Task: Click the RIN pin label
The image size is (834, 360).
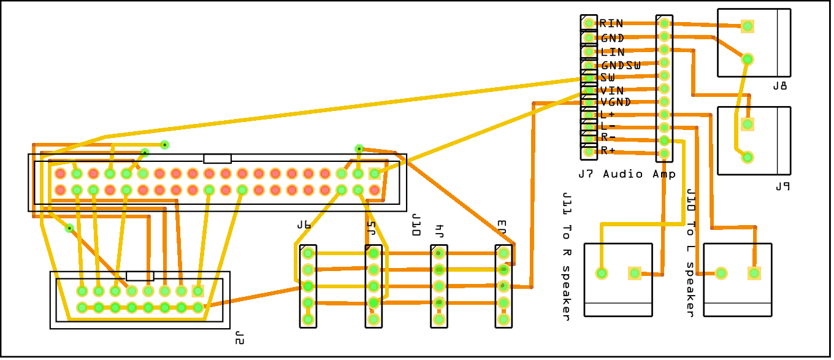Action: [611, 24]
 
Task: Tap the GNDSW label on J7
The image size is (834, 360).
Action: [621, 65]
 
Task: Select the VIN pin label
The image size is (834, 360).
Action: [611, 90]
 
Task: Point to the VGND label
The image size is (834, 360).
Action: [616, 102]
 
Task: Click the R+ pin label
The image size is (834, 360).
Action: [608, 151]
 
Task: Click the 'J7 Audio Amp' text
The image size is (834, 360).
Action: [627, 174]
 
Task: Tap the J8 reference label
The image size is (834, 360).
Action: [780, 86]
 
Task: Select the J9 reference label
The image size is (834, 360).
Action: [781, 187]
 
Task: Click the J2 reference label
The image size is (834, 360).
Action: [239, 337]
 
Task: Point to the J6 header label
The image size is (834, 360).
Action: [304, 225]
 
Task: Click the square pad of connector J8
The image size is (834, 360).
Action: [747, 26]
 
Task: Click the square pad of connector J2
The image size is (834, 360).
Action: [197, 291]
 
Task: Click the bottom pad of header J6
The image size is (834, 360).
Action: [308, 319]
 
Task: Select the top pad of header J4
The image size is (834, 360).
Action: [438, 253]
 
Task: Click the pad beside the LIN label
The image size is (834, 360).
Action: [589, 52]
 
